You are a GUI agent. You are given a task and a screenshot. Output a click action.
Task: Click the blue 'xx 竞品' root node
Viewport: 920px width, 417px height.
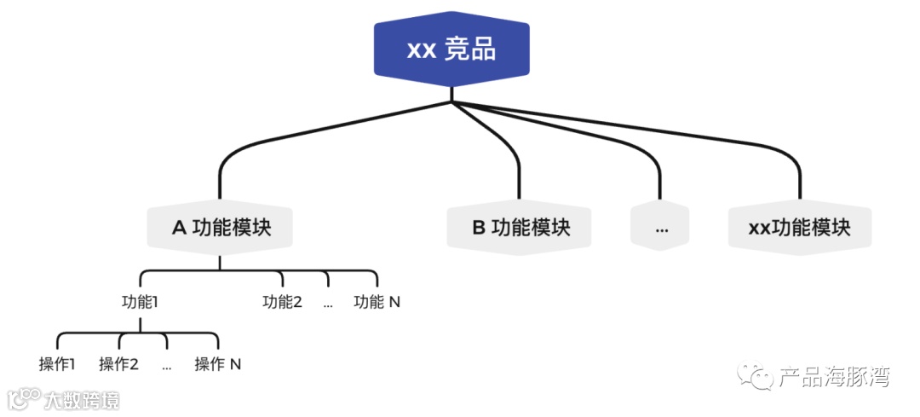(x=451, y=49)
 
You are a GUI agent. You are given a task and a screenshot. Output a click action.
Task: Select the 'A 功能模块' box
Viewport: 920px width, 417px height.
(x=221, y=228)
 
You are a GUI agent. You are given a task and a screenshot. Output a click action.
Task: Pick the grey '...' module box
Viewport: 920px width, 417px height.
(x=660, y=229)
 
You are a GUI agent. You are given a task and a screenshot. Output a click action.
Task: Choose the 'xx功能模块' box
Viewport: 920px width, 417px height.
(x=799, y=228)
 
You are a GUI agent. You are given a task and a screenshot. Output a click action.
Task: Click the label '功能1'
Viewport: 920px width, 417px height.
(x=141, y=301)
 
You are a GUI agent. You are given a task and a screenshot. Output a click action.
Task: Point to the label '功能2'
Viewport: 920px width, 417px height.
(x=282, y=301)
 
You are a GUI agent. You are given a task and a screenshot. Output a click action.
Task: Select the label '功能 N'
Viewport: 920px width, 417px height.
(x=377, y=301)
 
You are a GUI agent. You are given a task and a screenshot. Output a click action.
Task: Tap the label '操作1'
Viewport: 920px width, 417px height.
(x=57, y=364)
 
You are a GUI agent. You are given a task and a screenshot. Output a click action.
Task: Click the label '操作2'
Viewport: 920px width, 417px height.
(x=118, y=364)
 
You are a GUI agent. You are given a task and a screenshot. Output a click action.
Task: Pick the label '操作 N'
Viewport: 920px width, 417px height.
(x=218, y=364)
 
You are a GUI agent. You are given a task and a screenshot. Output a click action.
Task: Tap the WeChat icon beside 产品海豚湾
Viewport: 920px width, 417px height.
(x=756, y=376)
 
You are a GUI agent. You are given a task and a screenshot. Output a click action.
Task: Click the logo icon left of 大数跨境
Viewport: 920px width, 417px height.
(x=25, y=398)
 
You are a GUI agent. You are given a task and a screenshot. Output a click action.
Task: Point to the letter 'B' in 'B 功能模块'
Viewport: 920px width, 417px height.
(x=479, y=228)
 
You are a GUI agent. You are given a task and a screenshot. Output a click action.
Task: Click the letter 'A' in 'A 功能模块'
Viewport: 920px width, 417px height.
(x=179, y=228)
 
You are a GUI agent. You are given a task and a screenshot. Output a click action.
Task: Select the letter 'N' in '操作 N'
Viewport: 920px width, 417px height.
(x=235, y=364)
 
